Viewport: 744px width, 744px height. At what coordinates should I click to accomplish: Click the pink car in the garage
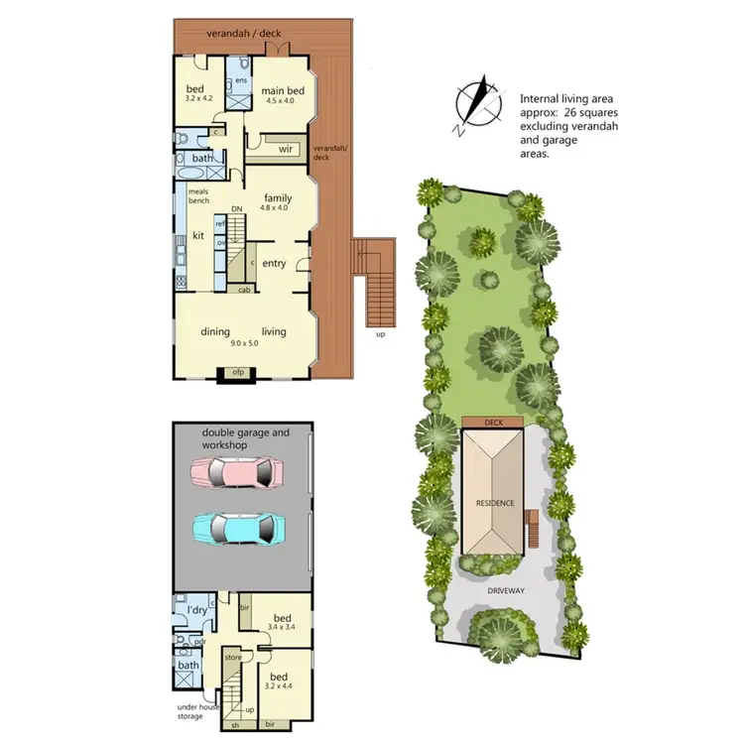pos(238,473)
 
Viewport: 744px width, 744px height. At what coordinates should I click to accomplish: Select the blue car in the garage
pos(238,528)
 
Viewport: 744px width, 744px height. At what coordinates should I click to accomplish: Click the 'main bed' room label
pos(283,92)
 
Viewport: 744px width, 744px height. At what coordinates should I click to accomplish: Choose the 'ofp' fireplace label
pos(237,372)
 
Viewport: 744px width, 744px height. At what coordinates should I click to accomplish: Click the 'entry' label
pos(274,263)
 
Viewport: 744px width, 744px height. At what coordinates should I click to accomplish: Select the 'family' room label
pos(277,197)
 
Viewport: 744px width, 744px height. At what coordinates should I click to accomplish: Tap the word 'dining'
pos(215,331)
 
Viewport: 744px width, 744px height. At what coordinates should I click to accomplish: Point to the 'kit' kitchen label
pos(197,236)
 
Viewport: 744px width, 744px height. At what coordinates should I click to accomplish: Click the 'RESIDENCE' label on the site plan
pos(494,503)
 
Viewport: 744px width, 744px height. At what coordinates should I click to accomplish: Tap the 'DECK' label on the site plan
pos(494,422)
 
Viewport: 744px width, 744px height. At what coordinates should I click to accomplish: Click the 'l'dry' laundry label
pos(196,610)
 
